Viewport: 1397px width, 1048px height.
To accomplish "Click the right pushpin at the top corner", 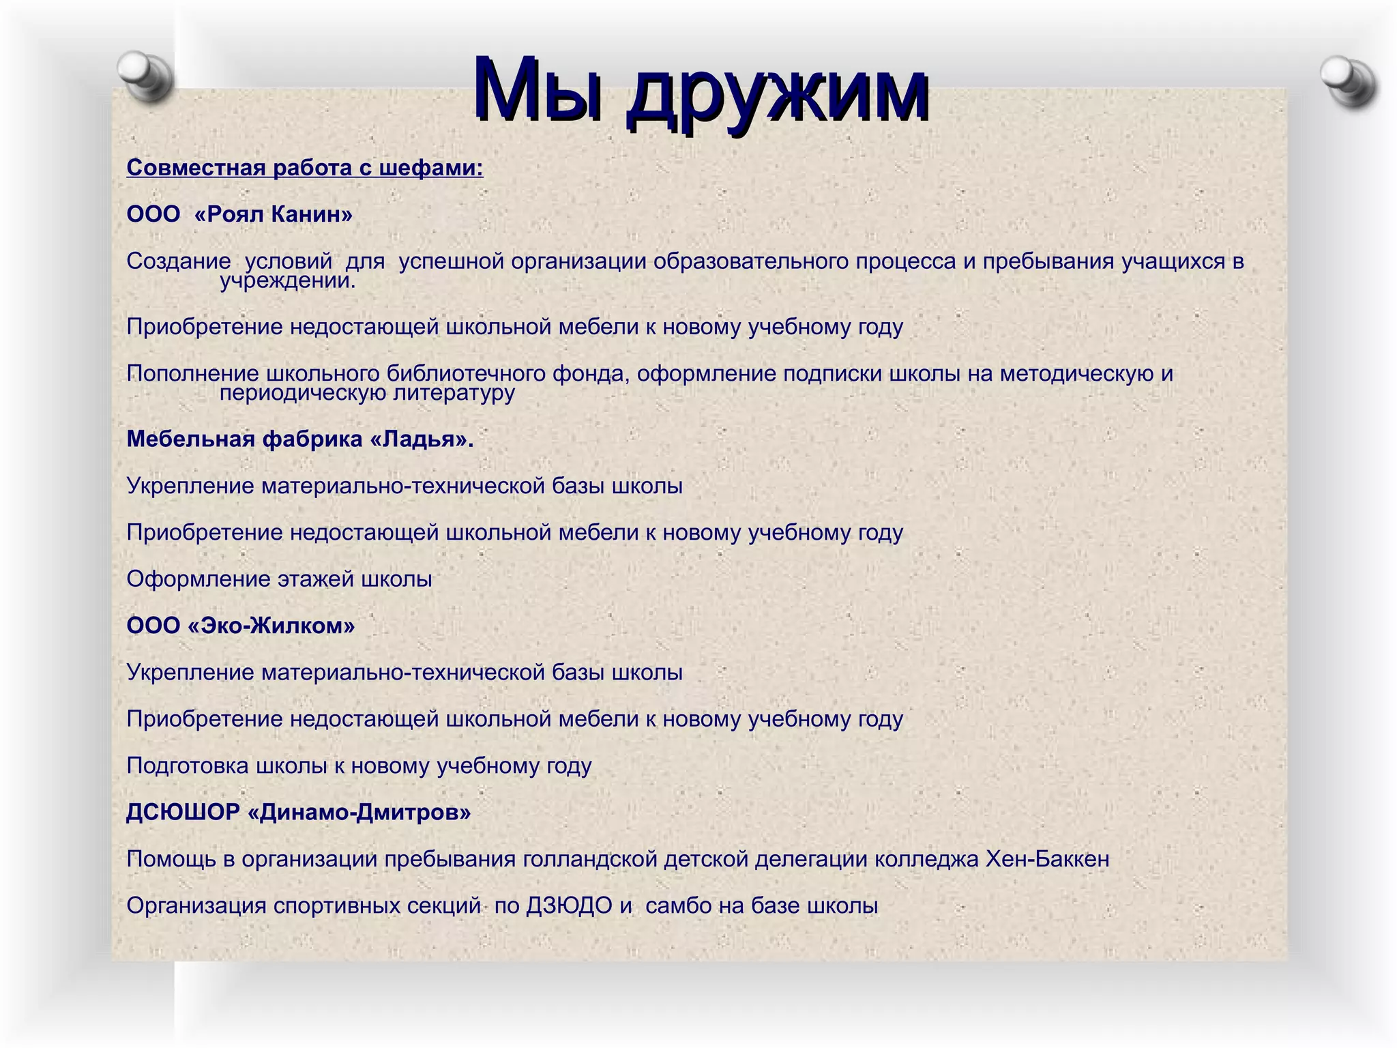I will click(1347, 81).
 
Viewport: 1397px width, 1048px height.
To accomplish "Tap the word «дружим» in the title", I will click(778, 92).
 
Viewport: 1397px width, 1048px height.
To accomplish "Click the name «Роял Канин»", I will click(274, 214).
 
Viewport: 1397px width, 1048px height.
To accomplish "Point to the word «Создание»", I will click(179, 261).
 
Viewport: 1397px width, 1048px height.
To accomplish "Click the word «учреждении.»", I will click(287, 280).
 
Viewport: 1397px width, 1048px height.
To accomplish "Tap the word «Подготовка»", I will click(188, 766).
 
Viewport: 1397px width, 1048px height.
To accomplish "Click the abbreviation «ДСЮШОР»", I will click(183, 813).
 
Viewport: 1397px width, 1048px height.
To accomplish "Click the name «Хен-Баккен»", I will click(1048, 859).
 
